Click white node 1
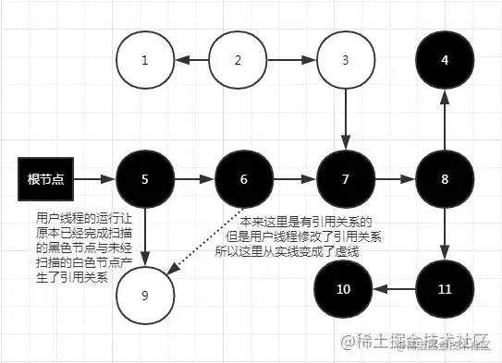tap(145, 60)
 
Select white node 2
tap(238, 60)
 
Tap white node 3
tap(345, 60)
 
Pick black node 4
tap(445, 60)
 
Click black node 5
tap(145, 178)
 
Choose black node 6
tap(244, 178)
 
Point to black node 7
tap(345, 178)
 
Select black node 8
tap(445, 178)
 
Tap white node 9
tap(145, 296)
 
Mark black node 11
tap(445, 289)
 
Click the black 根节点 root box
tap(45, 178)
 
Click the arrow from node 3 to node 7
tap(345, 119)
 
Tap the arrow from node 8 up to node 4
tap(445, 119)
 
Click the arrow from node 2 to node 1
tap(191, 60)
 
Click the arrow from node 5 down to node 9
tap(145, 237)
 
